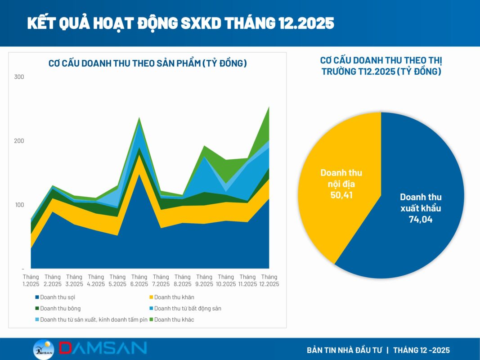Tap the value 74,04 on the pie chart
(x=421, y=220)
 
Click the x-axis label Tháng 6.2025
(x=139, y=280)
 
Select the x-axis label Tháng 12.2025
(x=269, y=280)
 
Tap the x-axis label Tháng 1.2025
(x=31, y=280)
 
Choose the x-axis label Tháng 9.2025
(x=204, y=280)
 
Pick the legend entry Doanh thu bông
(x=58, y=308)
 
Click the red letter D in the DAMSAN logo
(x=68, y=349)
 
